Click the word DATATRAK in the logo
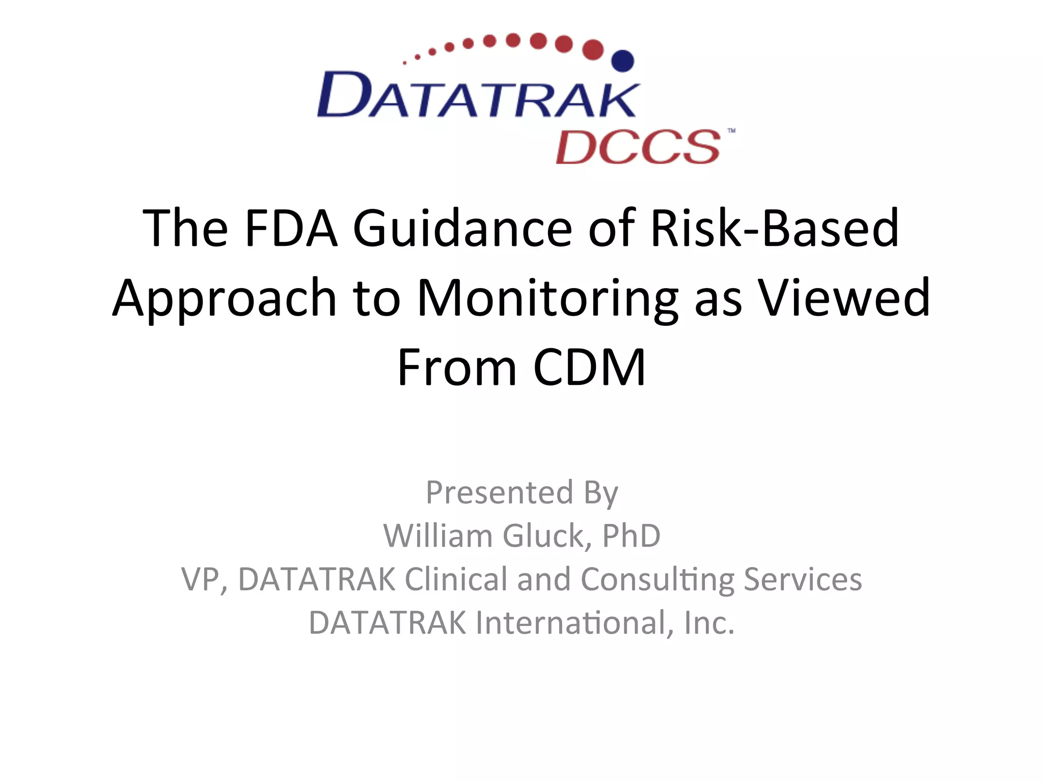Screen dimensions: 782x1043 pyautogui.click(x=478, y=95)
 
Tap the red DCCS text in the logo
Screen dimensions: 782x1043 pyautogui.click(x=638, y=147)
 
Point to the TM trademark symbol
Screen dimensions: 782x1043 pyautogui.click(x=731, y=131)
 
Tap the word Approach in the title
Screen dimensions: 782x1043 pyautogui.click(x=224, y=299)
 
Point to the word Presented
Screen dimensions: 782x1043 pyautogui.click(x=500, y=492)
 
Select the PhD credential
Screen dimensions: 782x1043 pyautogui.click(x=632, y=536)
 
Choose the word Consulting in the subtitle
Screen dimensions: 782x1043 pyautogui.click(x=657, y=579)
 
